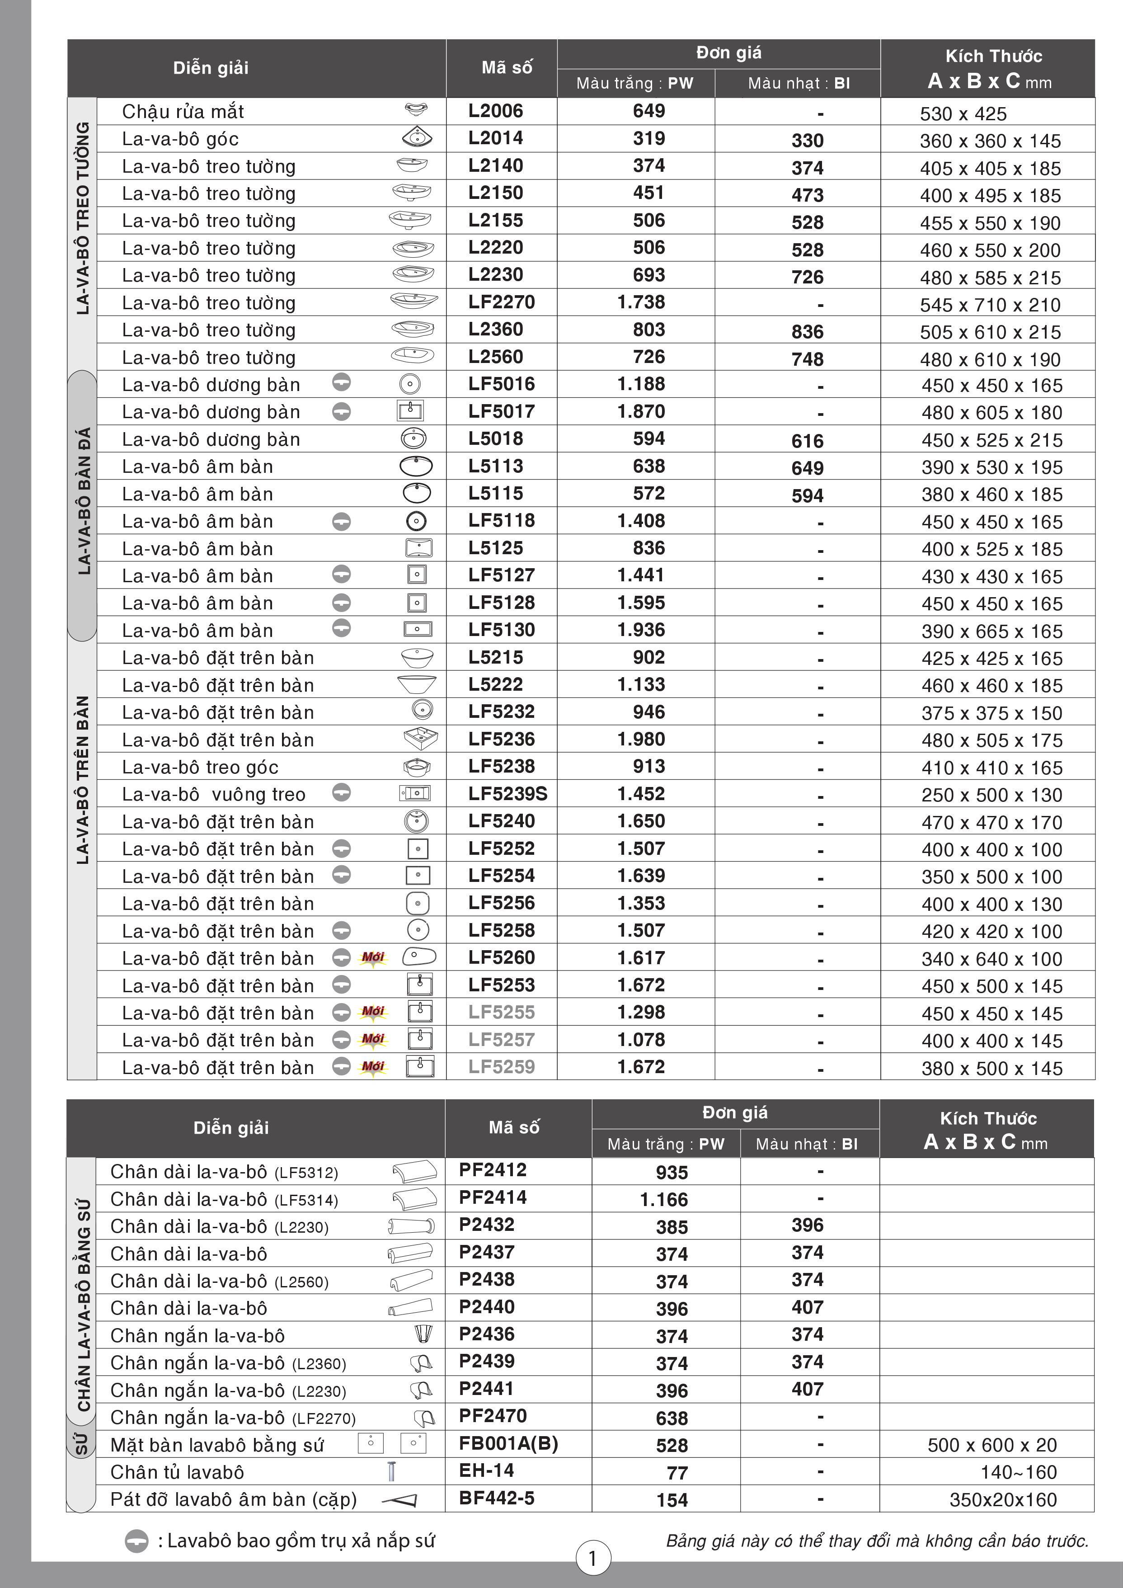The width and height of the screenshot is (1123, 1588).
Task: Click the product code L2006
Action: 495,111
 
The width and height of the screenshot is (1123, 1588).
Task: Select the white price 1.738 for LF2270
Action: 640,302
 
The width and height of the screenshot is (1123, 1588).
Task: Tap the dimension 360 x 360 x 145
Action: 990,141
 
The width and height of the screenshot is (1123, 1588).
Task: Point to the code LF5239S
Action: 507,794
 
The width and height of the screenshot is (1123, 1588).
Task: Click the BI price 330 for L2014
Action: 807,141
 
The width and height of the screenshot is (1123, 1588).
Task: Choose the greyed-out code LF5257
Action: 501,1040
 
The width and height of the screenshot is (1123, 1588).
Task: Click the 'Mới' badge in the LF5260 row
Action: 373,958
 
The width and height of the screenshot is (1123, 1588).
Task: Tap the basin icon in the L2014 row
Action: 417,138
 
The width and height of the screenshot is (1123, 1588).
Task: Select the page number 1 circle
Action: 592,1558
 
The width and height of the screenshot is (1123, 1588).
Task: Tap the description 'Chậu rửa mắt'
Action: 183,111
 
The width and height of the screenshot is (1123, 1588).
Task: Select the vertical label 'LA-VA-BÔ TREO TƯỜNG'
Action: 83,218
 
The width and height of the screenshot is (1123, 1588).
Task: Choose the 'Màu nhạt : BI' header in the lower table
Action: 806,1144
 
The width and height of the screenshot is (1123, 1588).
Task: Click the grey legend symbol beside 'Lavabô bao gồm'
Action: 136,1541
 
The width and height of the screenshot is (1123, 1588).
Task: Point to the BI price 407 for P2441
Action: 807,1389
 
